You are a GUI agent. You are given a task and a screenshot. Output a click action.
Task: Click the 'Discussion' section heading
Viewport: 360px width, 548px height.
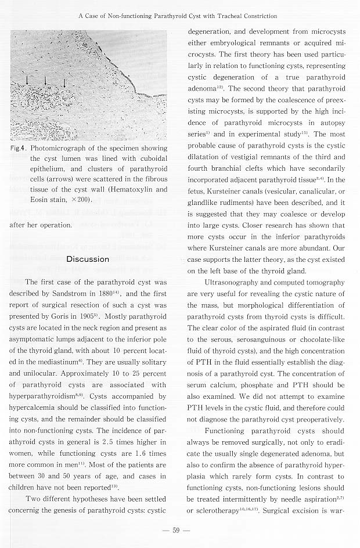[87, 259]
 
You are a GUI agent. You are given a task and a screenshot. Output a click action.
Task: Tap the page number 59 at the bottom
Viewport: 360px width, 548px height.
[178, 532]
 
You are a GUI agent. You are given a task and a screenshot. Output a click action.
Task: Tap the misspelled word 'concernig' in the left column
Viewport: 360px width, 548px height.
[27, 510]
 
